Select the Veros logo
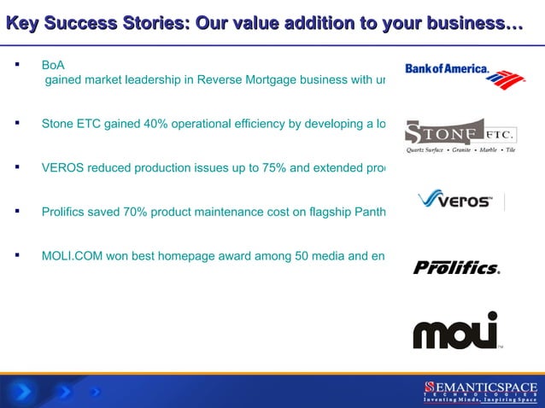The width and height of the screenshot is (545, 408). coord(454,201)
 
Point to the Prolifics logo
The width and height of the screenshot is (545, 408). coord(456,268)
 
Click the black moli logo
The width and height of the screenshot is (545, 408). coord(455,330)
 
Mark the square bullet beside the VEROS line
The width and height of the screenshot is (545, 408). coord(16,167)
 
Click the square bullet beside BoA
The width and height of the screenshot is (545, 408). coord(16,65)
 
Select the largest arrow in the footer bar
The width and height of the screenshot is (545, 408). coord(24,392)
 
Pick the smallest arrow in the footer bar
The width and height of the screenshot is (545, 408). coord(95,393)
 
